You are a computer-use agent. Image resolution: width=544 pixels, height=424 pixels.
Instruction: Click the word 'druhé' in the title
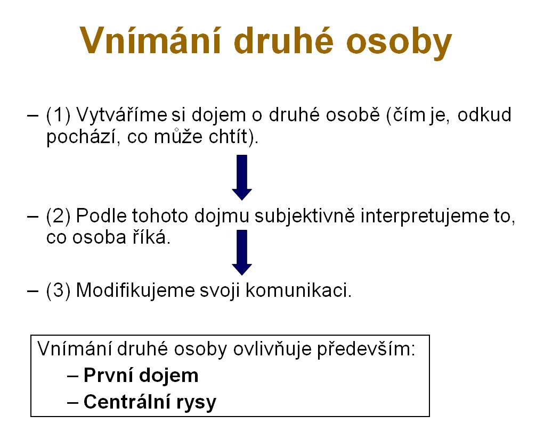click(x=284, y=40)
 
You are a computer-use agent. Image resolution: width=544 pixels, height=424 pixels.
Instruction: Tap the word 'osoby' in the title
click(x=399, y=41)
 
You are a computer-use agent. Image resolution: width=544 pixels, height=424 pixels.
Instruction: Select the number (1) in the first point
click(x=58, y=115)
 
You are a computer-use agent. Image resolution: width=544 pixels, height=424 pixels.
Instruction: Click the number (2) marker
click(x=58, y=216)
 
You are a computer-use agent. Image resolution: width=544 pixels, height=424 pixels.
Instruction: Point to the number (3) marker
click(x=58, y=290)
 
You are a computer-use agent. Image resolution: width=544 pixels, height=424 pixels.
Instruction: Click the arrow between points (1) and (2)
click(x=242, y=177)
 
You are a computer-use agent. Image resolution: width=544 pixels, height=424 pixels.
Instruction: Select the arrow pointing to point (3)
click(x=242, y=252)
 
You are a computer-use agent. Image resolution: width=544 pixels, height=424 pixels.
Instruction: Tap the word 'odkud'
click(x=484, y=115)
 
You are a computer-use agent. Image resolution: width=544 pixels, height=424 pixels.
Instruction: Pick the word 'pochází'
click(x=83, y=137)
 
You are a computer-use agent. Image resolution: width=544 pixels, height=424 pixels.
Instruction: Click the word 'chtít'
click(x=229, y=136)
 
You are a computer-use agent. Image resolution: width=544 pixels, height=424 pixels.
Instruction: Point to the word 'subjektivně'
click(x=305, y=217)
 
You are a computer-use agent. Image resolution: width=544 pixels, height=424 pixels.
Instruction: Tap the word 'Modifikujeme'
click(x=135, y=290)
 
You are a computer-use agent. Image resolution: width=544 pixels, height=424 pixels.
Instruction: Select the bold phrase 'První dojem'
click(x=141, y=376)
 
